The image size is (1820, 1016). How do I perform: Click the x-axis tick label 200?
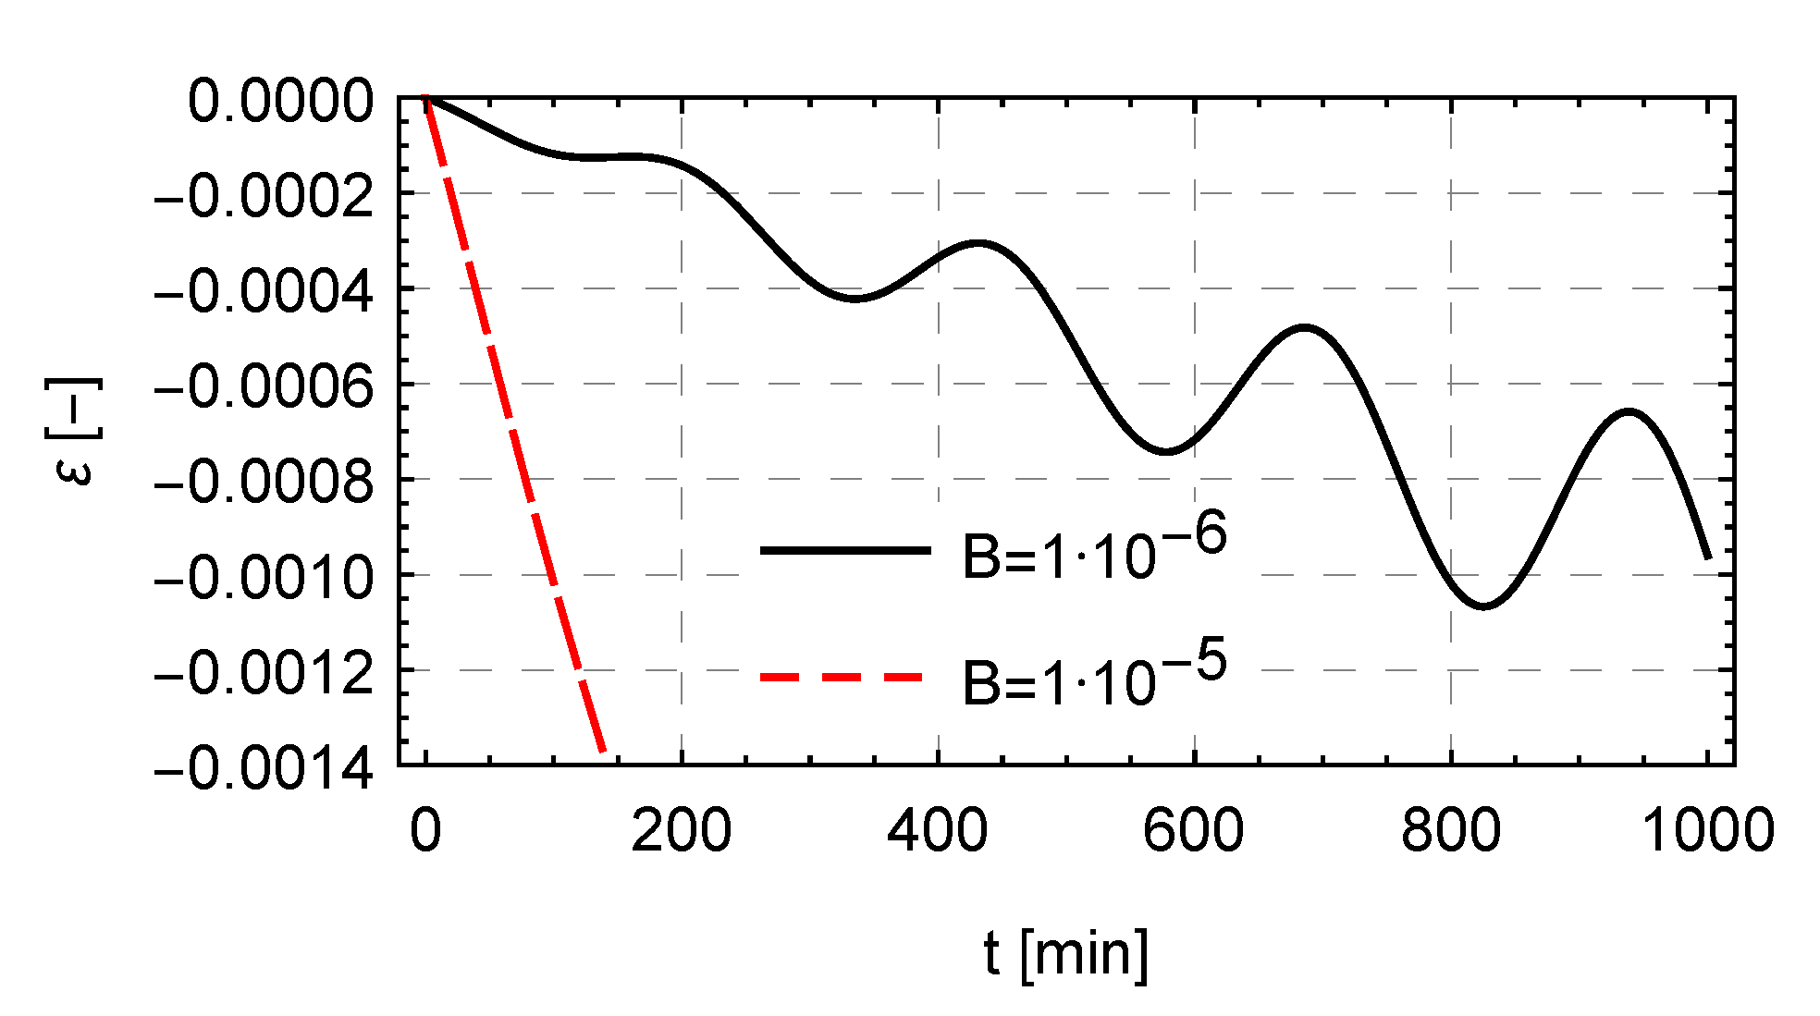681,830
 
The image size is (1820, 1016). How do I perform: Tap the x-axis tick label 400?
937,830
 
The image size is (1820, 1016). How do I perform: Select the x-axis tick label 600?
1193,830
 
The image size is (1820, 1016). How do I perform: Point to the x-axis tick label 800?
1450,830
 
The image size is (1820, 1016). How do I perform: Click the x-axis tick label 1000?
1707,830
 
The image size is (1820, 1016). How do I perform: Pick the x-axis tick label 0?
425,830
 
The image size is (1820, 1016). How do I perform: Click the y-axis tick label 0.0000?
281,101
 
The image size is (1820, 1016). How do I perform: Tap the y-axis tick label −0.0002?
264,196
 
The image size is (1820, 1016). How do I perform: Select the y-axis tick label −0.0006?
264,386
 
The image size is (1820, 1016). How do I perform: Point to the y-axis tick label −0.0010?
264,578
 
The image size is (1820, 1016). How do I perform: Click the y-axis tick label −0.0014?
264,768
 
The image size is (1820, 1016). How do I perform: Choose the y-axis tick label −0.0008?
264,482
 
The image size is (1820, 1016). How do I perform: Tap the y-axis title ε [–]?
72,432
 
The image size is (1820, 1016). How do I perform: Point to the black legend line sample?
845,550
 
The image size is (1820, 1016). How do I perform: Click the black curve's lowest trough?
1484,606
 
